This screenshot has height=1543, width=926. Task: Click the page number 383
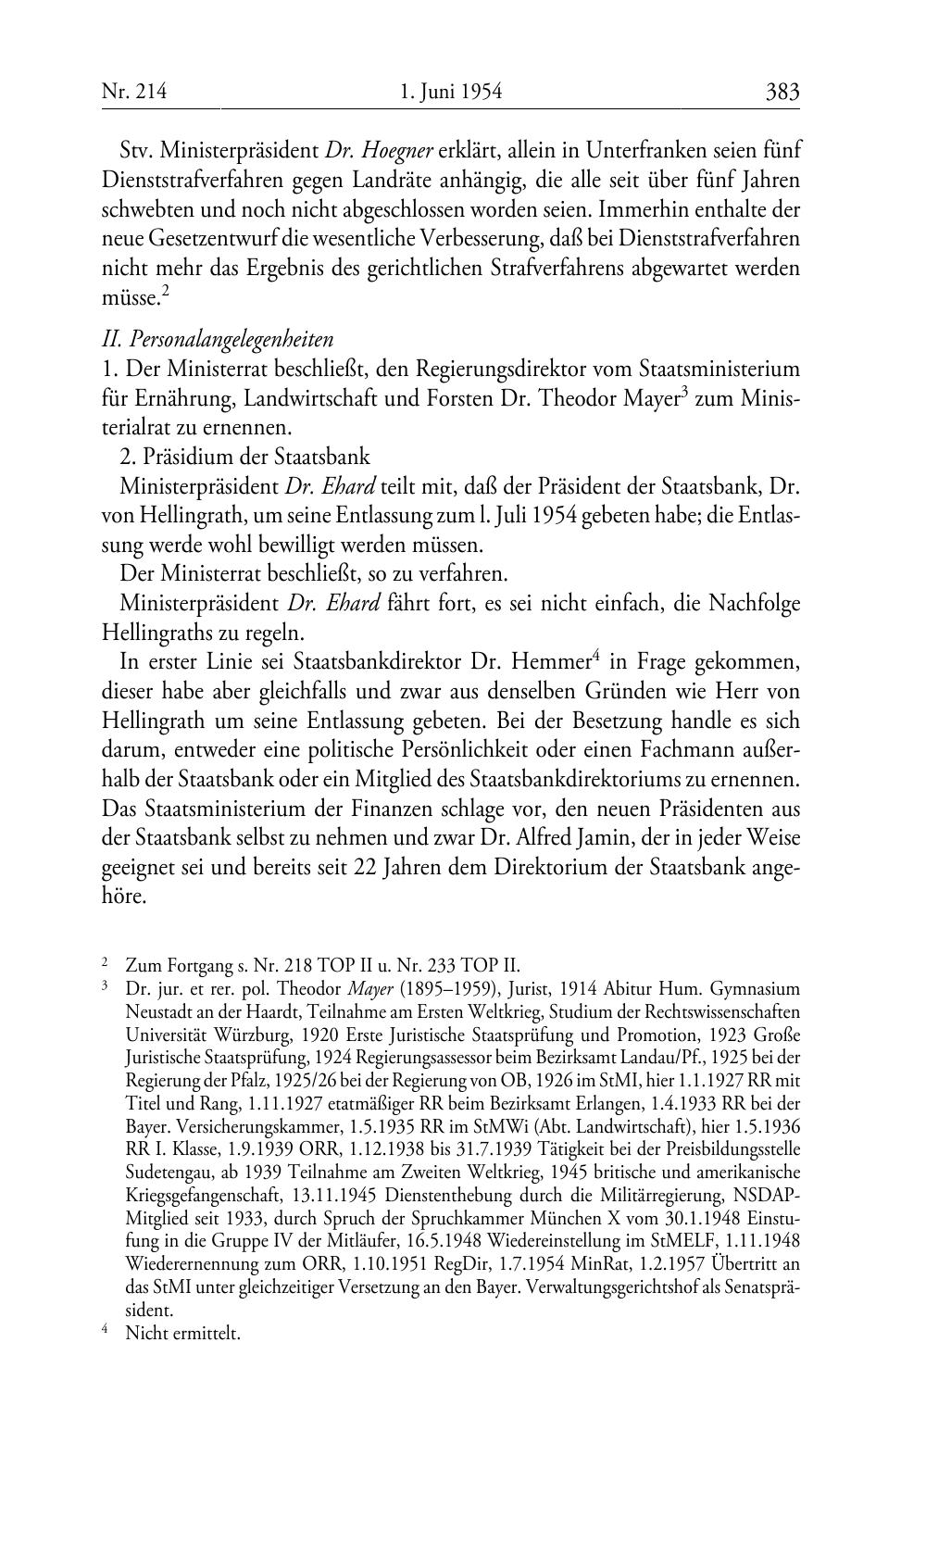pyautogui.click(x=782, y=92)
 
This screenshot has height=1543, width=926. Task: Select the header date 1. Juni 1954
pyautogui.click(x=451, y=92)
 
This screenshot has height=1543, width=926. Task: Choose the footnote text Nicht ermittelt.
pyautogui.click(x=182, y=1334)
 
